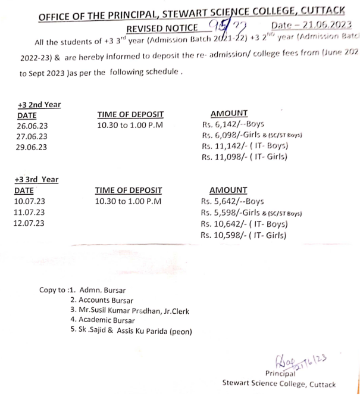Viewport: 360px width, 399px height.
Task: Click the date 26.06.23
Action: point(33,126)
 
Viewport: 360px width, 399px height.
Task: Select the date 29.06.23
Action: point(33,147)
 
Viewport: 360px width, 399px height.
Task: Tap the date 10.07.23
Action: point(29,201)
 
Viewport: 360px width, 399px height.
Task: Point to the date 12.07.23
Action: point(29,223)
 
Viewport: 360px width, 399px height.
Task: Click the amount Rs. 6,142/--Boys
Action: point(233,125)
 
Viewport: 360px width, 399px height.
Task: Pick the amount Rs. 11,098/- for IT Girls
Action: point(245,157)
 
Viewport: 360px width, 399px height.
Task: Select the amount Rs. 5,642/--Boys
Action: point(232,201)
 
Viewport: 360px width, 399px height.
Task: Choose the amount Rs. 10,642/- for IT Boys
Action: point(244,224)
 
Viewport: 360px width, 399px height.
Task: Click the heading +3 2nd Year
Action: point(39,104)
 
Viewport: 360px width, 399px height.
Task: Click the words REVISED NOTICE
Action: point(162,29)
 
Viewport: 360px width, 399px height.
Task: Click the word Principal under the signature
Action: point(281,373)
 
